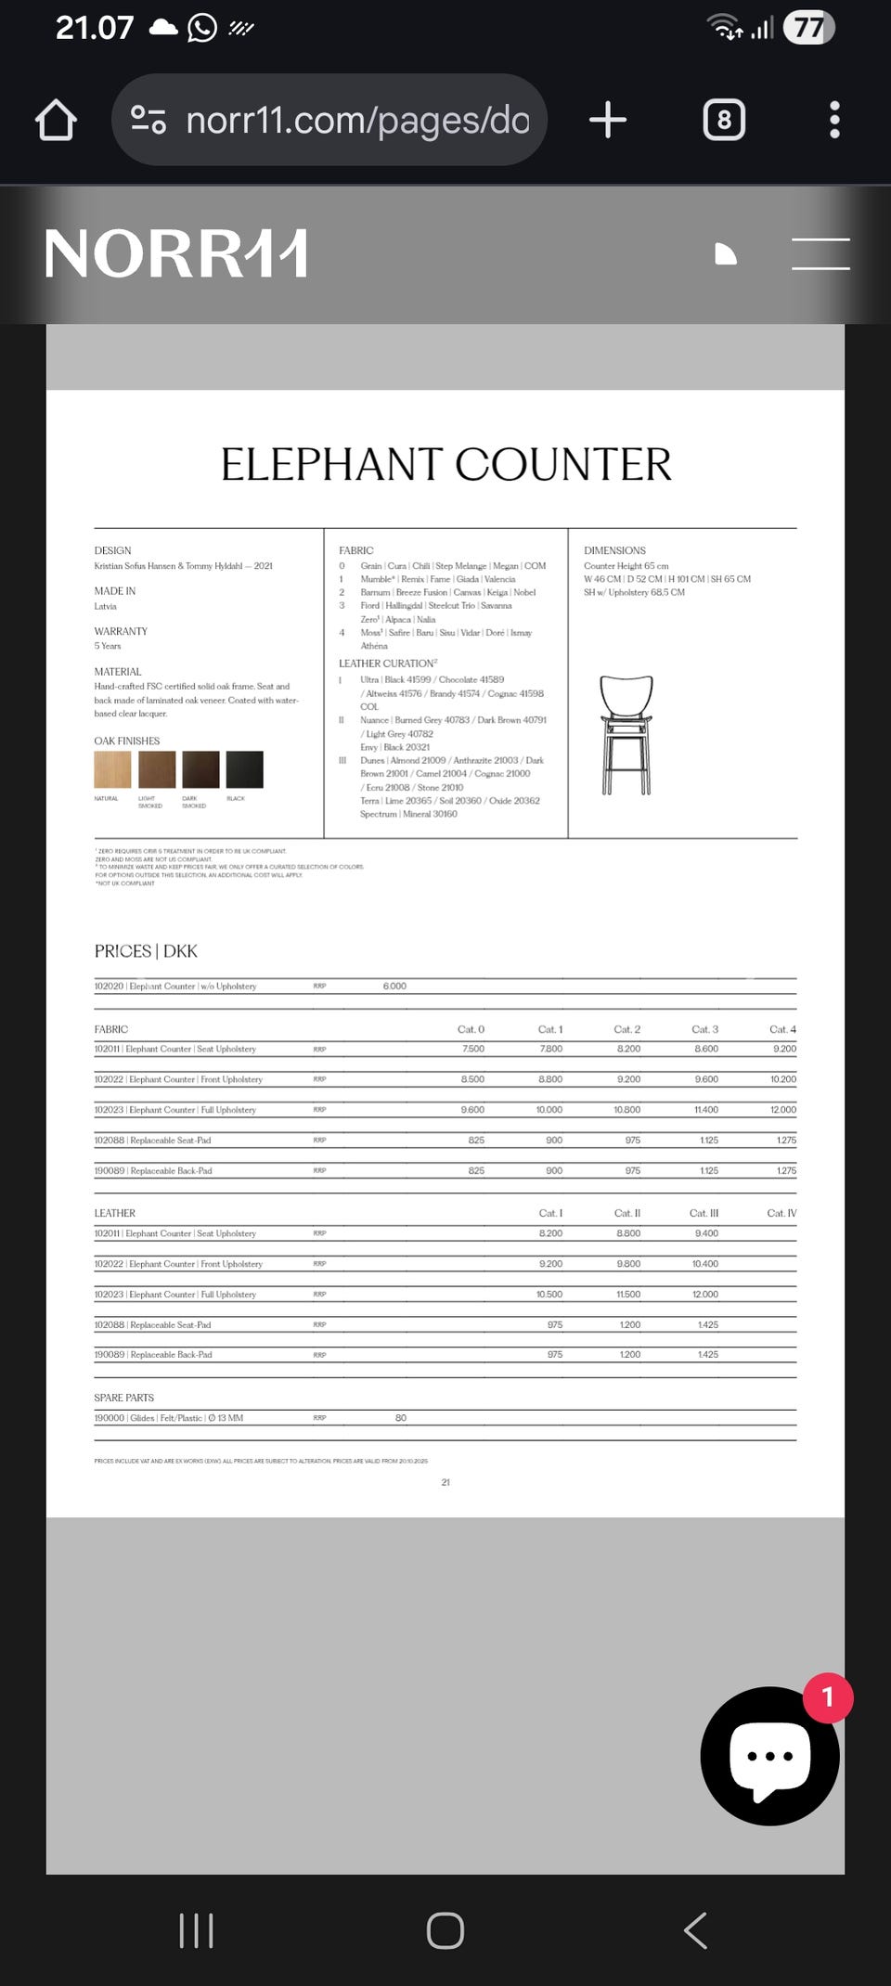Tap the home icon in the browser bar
(56, 121)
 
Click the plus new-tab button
(608, 121)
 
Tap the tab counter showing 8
(724, 121)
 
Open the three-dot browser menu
(834, 121)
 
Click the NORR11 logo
(175, 254)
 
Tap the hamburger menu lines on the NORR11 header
(820, 254)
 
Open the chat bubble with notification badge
(769, 1756)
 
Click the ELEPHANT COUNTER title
(445, 464)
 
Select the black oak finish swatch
(245, 769)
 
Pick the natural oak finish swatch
(112, 769)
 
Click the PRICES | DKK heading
(146, 951)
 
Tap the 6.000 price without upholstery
(394, 987)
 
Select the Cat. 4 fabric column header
(782, 1029)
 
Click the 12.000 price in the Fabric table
(782, 1110)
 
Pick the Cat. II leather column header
(627, 1213)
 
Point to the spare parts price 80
(401, 1418)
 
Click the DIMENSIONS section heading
(614, 550)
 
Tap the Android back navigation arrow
(695, 1931)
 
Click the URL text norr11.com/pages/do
(357, 121)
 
